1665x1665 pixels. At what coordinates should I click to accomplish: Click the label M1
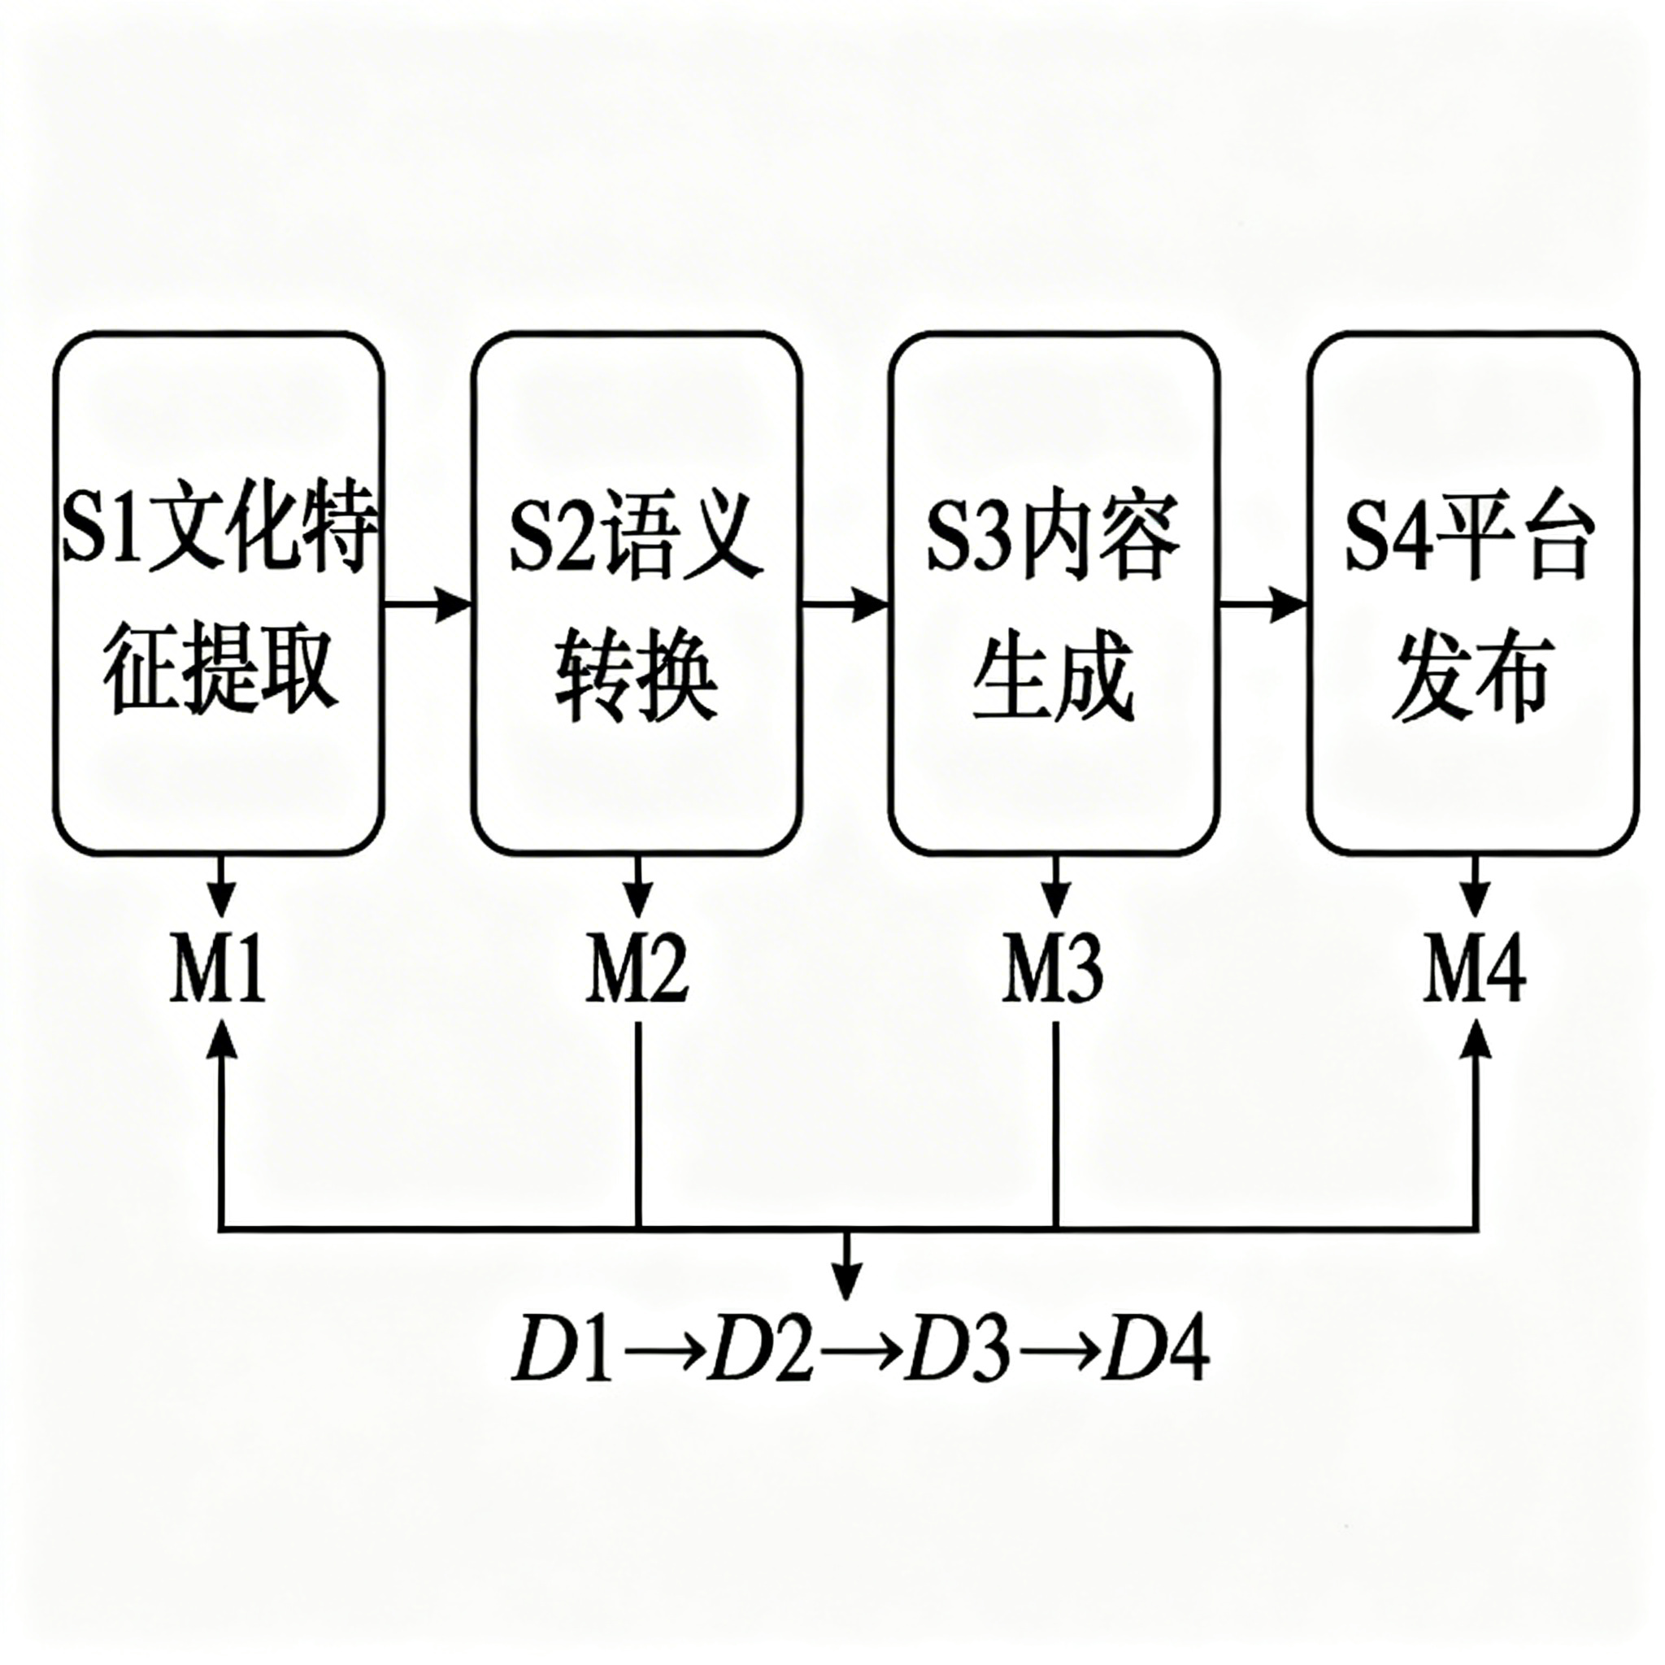[217, 970]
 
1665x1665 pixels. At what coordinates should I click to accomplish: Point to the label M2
[637, 970]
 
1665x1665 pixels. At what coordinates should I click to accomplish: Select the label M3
[1052, 970]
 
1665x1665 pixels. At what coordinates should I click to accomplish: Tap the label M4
[1474, 970]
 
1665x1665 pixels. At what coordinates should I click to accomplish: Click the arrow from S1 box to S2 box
[428, 605]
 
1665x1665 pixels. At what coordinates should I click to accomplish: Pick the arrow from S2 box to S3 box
[846, 605]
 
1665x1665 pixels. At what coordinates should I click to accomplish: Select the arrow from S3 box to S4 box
[1263, 605]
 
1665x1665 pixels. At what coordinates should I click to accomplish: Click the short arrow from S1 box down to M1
[224, 887]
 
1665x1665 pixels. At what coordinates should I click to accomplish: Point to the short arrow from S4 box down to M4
[1476, 887]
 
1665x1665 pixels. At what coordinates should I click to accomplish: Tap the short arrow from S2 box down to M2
[637, 887]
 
